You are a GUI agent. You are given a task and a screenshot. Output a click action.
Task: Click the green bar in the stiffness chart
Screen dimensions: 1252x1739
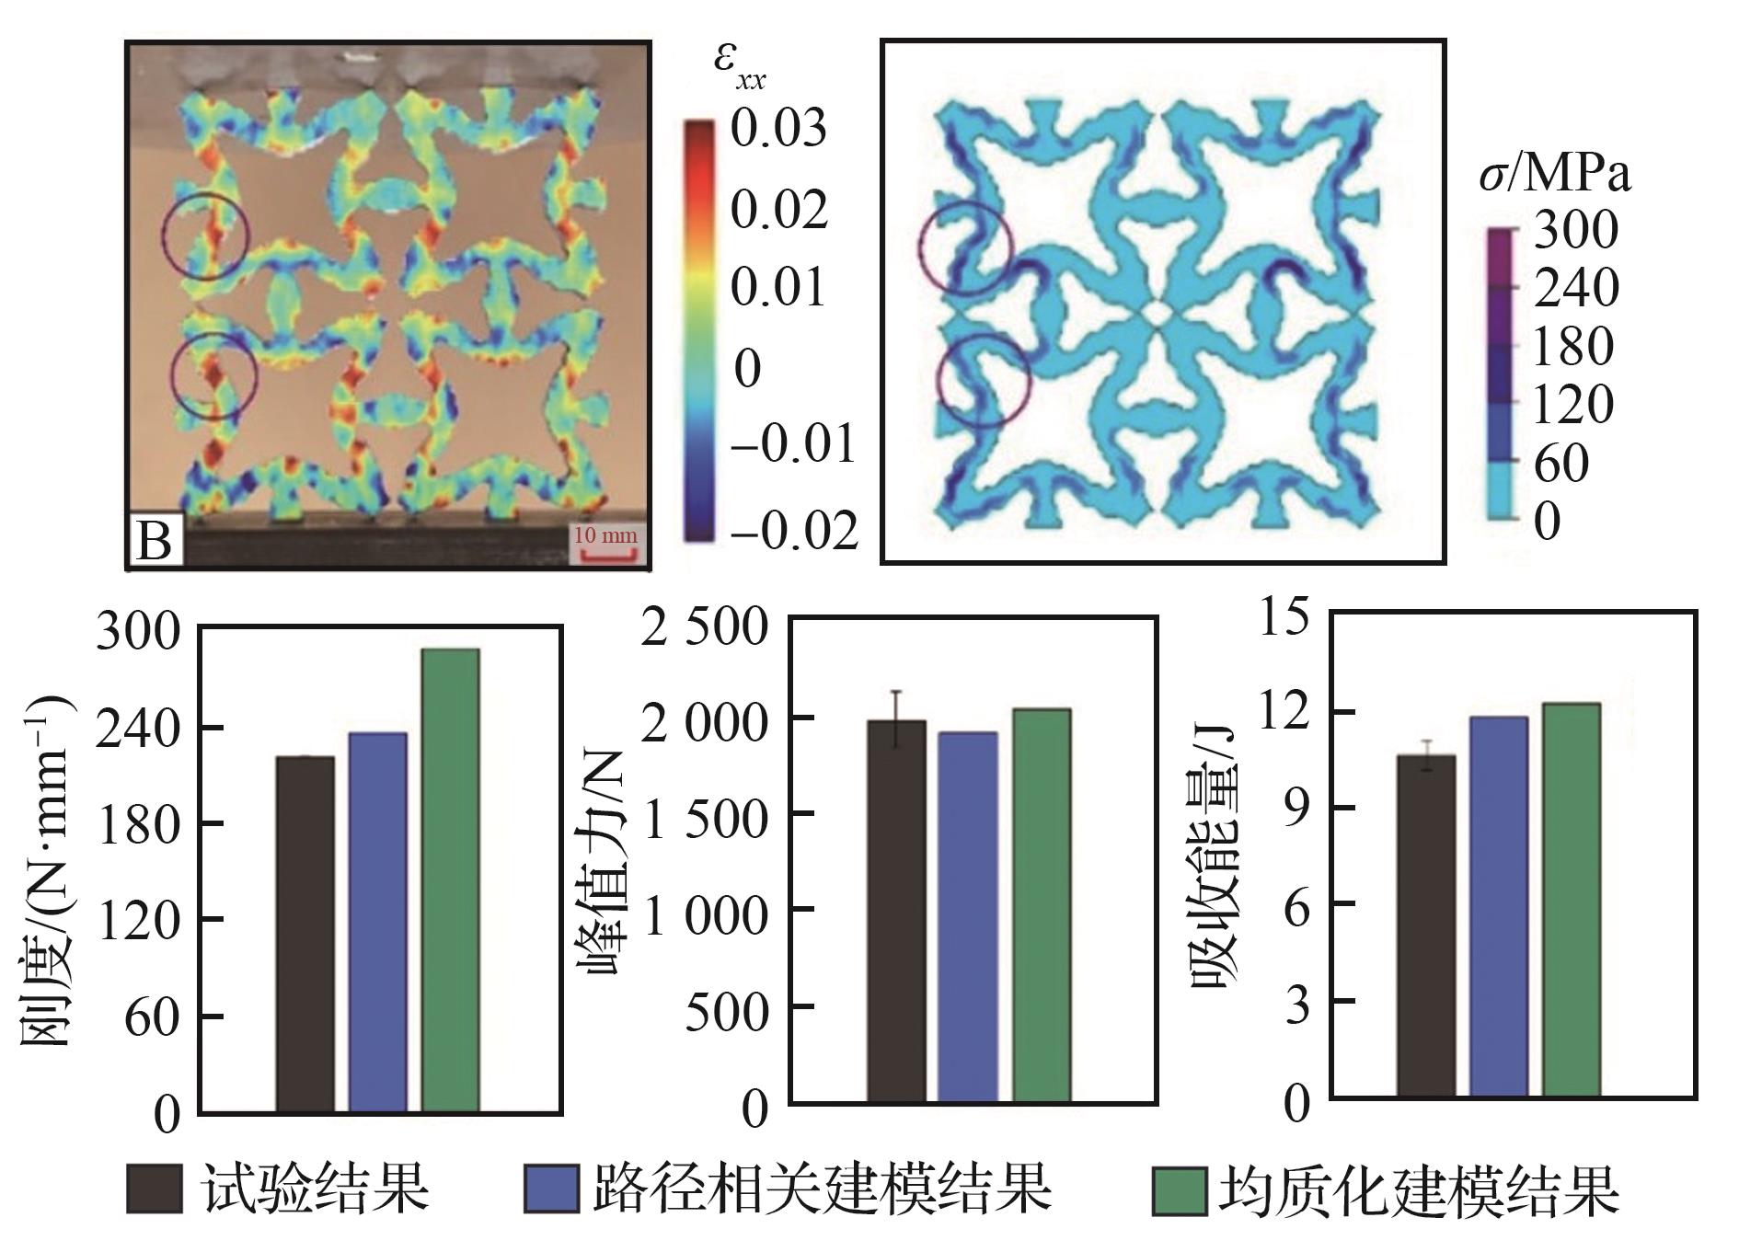point(450,880)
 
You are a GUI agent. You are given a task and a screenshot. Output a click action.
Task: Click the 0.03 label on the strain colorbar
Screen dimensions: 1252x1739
point(778,129)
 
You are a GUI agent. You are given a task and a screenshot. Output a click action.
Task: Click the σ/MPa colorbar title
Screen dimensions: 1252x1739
point(1554,174)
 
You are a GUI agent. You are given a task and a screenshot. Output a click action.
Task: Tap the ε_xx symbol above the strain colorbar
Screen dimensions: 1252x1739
point(739,66)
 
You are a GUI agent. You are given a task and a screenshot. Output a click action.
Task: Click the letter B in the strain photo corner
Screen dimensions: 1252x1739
point(154,541)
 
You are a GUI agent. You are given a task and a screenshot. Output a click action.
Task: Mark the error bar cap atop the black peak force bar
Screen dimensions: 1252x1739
point(896,692)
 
